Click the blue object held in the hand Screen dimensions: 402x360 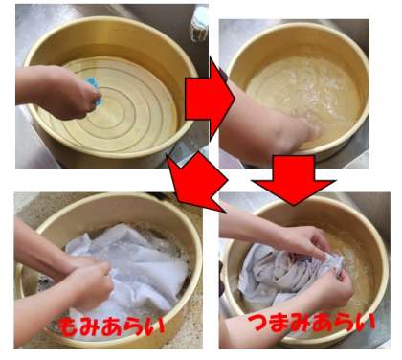coord(95,90)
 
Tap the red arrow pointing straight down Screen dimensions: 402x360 coord(294,180)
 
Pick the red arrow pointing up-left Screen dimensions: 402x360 coord(197,181)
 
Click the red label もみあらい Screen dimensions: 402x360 coord(111,326)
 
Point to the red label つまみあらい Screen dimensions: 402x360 coord(311,322)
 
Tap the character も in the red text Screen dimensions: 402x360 coord(68,326)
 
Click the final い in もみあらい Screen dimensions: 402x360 coord(155,326)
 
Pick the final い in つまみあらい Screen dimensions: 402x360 coord(365,323)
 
